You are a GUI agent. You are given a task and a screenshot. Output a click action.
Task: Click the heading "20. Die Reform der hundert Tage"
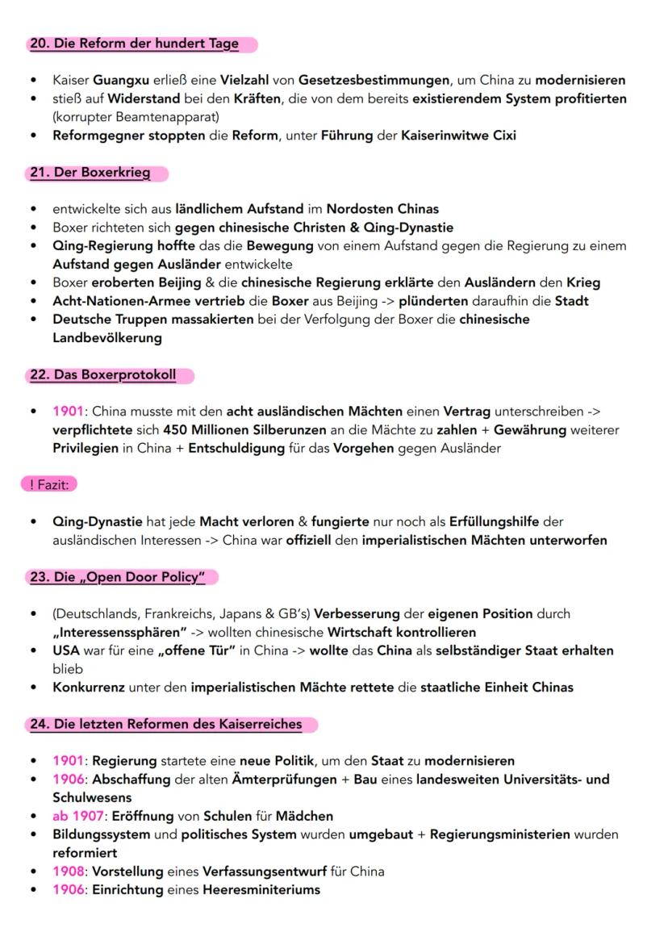point(134,44)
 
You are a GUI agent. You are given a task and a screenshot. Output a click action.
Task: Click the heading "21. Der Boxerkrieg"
point(90,173)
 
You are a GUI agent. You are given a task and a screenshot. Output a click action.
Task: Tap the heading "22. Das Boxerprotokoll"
point(102,375)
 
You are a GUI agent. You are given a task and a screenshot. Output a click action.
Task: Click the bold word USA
point(67,650)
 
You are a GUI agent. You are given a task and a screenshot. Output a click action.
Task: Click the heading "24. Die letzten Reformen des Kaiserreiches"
point(165,724)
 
